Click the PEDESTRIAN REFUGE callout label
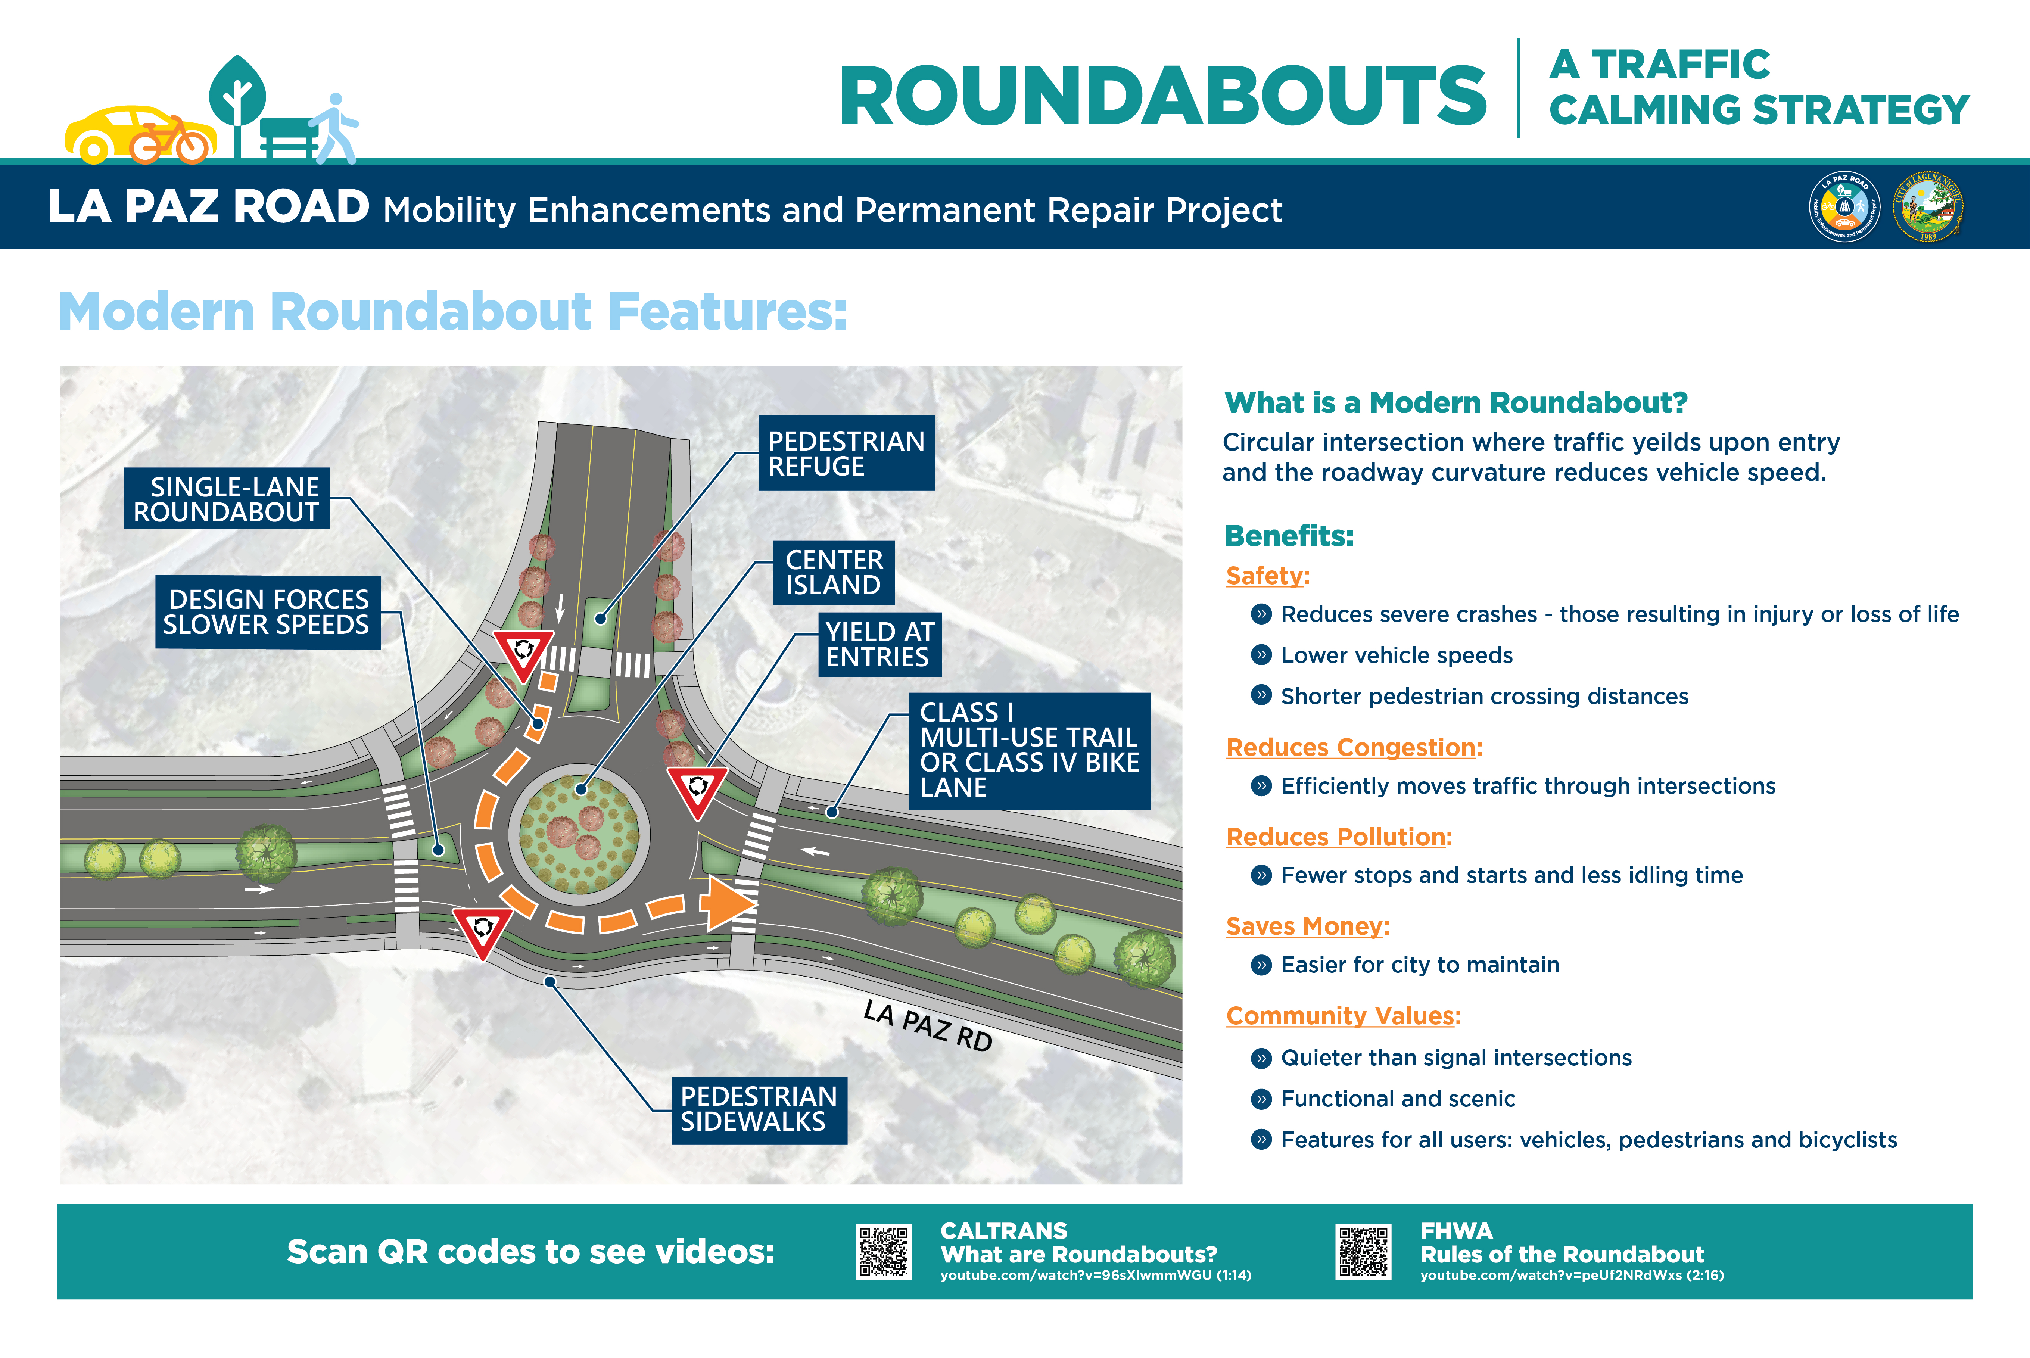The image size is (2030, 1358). click(x=846, y=453)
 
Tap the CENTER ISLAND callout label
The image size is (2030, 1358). click(x=833, y=573)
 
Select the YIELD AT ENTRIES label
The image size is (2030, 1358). click(x=879, y=644)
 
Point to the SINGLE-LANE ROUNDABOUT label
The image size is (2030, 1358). click(x=227, y=499)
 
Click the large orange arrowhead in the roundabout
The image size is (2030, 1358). click(x=728, y=903)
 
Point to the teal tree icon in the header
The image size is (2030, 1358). click(x=237, y=104)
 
